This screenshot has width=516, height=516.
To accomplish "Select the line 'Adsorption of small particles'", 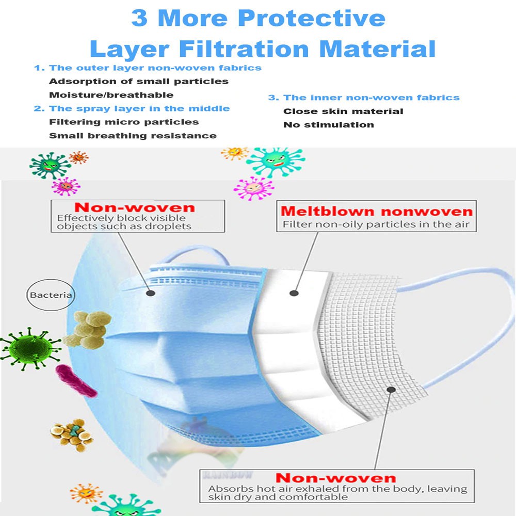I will coord(138,81).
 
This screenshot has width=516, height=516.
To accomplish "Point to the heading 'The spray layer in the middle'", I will coord(139,108).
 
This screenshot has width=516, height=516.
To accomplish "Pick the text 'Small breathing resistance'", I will coord(133,136).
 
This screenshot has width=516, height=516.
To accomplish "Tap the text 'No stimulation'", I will coord(329,124).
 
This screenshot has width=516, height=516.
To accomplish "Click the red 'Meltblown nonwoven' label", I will coord(376,212).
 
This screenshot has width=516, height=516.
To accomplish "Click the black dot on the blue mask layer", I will coord(151,293).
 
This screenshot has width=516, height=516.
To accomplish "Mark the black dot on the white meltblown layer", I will coord(294,293).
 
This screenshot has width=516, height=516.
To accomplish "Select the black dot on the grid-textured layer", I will coord(391,390).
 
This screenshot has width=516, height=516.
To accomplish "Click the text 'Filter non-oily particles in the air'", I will coord(376,224).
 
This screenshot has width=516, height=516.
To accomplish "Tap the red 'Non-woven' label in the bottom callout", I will coord(335,477).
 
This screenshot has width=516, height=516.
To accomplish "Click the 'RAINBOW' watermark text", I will coord(223,474).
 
